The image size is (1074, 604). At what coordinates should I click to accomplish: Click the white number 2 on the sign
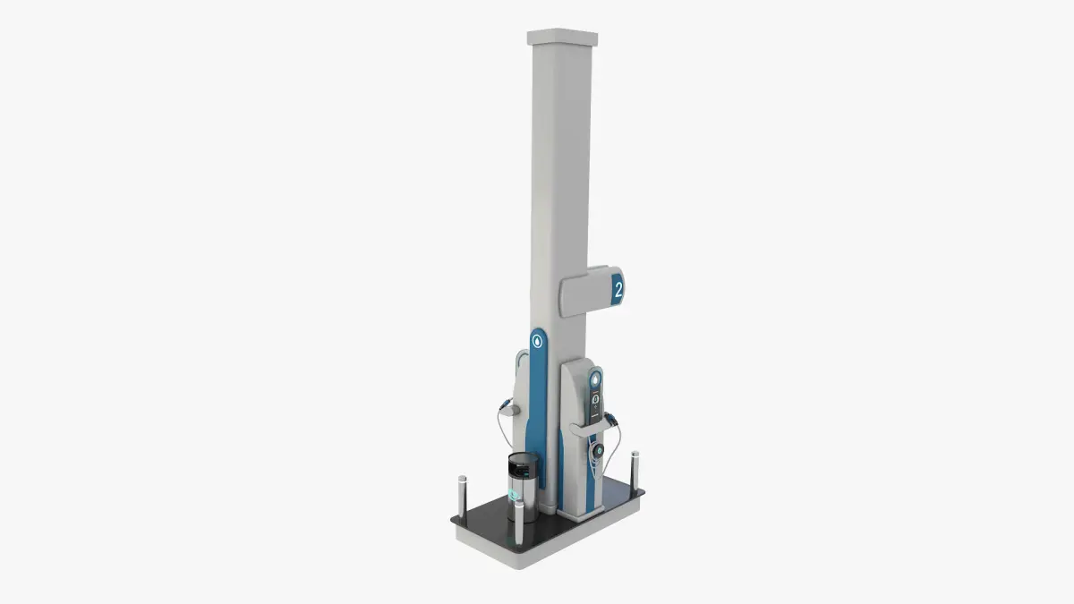(x=618, y=290)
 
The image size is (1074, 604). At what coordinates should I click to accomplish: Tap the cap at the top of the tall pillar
(x=562, y=37)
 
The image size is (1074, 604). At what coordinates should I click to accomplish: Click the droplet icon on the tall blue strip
(x=538, y=341)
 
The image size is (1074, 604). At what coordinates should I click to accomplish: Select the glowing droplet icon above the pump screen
(x=595, y=379)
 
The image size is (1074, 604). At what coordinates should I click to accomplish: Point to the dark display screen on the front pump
(x=595, y=405)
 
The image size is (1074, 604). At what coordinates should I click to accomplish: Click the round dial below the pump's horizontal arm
(x=598, y=450)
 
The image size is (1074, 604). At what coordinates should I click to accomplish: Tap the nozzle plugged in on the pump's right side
(x=610, y=419)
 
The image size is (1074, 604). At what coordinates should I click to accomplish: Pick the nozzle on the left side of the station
(x=505, y=404)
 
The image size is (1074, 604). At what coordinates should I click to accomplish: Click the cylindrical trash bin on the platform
(x=523, y=487)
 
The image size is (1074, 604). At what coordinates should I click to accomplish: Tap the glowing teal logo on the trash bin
(x=515, y=495)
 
